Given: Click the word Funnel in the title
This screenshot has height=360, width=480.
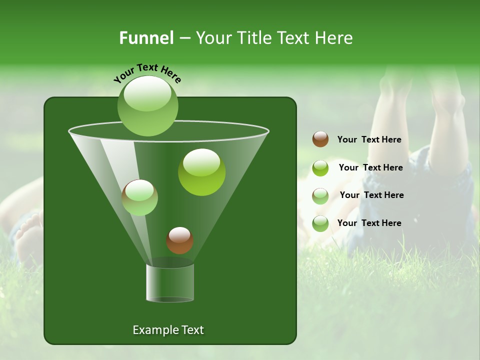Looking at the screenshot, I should [x=146, y=38].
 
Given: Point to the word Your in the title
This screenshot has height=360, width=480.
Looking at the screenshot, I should [x=211, y=38].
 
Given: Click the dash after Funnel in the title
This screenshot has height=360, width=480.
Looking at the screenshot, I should [x=184, y=38].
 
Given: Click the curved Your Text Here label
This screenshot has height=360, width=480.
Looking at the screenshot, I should [x=147, y=72].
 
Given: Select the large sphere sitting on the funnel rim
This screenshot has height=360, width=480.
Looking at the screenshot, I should [x=147, y=106].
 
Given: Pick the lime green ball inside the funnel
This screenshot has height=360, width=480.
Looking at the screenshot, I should [x=201, y=171].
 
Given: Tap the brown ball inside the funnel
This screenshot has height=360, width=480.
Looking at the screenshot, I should [x=179, y=240].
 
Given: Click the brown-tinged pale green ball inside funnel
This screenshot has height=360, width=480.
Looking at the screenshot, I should [x=140, y=197].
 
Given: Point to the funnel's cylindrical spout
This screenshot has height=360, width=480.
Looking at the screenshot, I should [x=170, y=283].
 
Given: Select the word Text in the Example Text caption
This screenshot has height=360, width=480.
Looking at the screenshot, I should [x=191, y=330].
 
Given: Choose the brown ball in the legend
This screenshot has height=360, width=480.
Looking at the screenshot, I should [x=320, y=139].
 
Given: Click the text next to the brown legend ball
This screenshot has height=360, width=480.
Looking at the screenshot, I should [x=369, y=139].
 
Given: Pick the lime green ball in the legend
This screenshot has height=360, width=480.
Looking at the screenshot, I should [x=320, y=168].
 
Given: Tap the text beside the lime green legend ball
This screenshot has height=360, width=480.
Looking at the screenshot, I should [x=370, y=167].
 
